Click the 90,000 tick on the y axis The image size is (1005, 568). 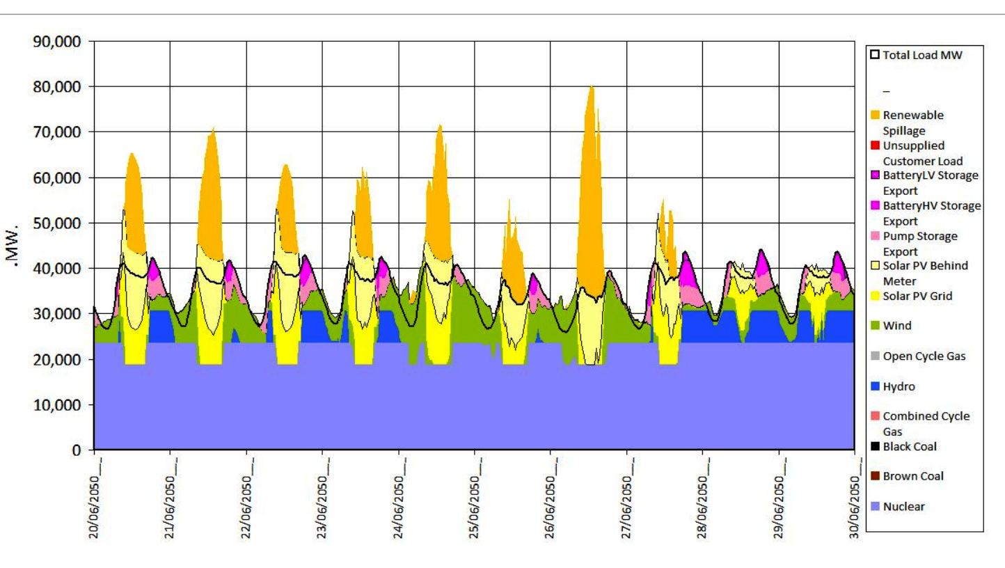(x=63, y=42)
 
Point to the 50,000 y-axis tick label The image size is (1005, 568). (x=63, y=223)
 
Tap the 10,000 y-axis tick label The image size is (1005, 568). (x=63, y=405)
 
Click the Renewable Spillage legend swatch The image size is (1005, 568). (x=876, y=115)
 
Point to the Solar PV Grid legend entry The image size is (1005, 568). (x=917, y=296)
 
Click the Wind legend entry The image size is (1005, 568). (x=897, y=326)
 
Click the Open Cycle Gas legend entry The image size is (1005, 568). (x=922, y=356)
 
